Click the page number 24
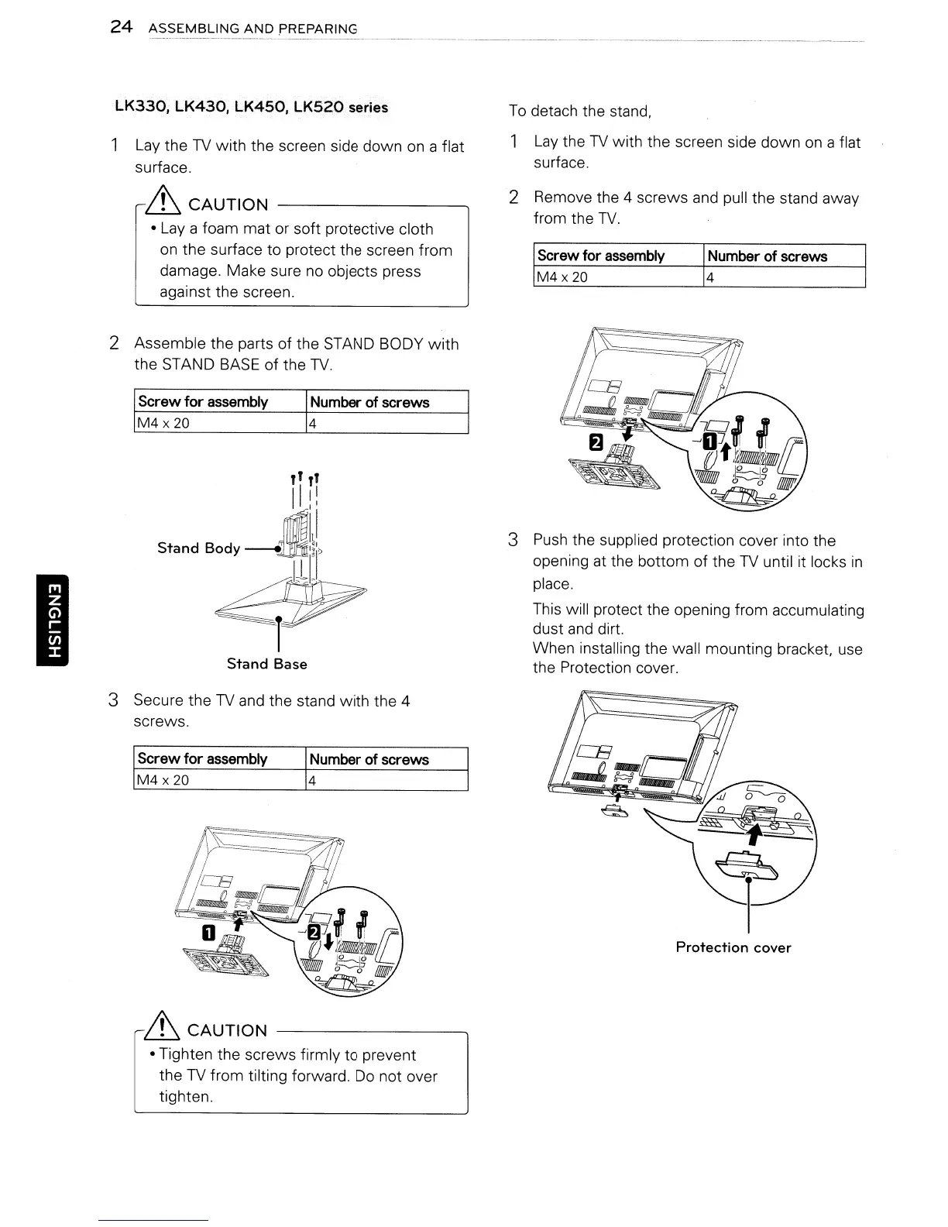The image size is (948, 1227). [121, 27]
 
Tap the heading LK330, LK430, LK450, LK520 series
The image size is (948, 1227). [250, 106]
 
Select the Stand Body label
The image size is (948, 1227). [198, 548]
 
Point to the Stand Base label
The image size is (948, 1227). [266, 664]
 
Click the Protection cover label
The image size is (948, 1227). [733, 947]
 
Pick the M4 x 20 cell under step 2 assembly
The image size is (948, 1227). [163, 423]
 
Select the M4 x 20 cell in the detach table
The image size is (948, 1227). [562, 277]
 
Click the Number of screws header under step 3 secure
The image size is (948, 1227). [369, 759]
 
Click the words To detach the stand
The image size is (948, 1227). [580, 111]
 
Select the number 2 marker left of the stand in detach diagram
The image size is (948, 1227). [596, 442]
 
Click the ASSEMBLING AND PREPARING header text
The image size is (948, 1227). [252, 29]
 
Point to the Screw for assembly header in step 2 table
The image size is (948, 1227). [203, 401]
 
